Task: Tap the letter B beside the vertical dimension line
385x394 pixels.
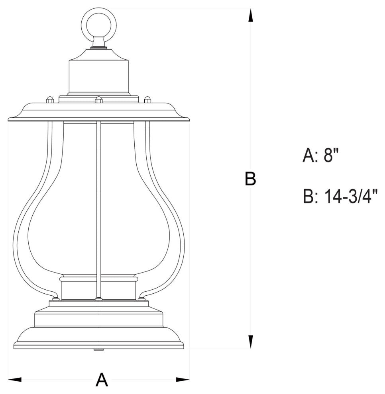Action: tap(250, 179)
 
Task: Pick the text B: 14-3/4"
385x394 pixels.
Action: tap(340, 196)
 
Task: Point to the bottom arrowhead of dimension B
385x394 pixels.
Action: tap(250, 341)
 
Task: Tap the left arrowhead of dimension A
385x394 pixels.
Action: tap(15, 379)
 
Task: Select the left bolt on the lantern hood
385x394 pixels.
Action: tap(49, 99)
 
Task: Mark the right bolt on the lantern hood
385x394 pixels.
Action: tap(147, 99)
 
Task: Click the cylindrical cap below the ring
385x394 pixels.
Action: tap(98, 76)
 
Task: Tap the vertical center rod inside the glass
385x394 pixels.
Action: tap(98, 199)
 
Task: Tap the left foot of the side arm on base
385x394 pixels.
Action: tap(56, 298)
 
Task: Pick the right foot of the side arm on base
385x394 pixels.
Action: tap(142, 298)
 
